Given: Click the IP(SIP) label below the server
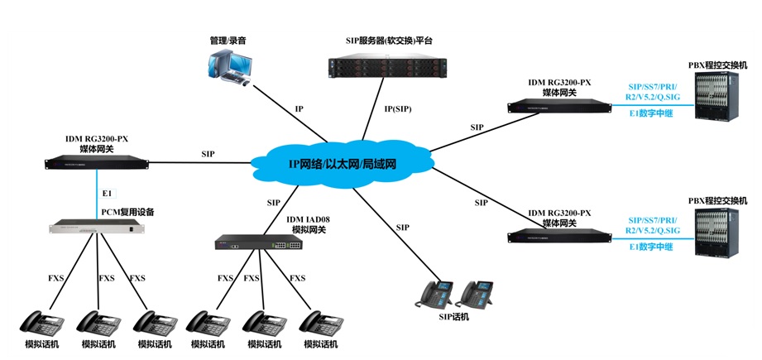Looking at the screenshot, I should pos(397,108).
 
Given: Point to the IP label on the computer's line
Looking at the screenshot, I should pos(300,108).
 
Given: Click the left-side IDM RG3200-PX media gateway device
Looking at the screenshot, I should pos(97,164).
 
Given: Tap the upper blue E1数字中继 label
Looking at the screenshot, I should pos(650,115).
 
